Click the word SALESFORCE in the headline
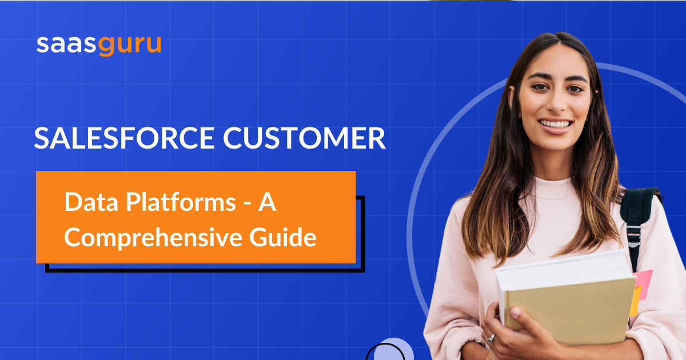click(125, 138)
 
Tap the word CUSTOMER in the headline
click(304, 138)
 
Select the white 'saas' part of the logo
click(66, 45)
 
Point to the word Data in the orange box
click(91, 202)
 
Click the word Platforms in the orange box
click(181, 202)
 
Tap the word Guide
click(282, 237)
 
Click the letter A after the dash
click(268, 202)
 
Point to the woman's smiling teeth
click(555, 125)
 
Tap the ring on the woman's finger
click(491, 338)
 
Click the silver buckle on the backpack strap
click(633, 235)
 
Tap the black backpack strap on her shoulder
click(637, 221)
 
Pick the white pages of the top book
click(563, 270)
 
